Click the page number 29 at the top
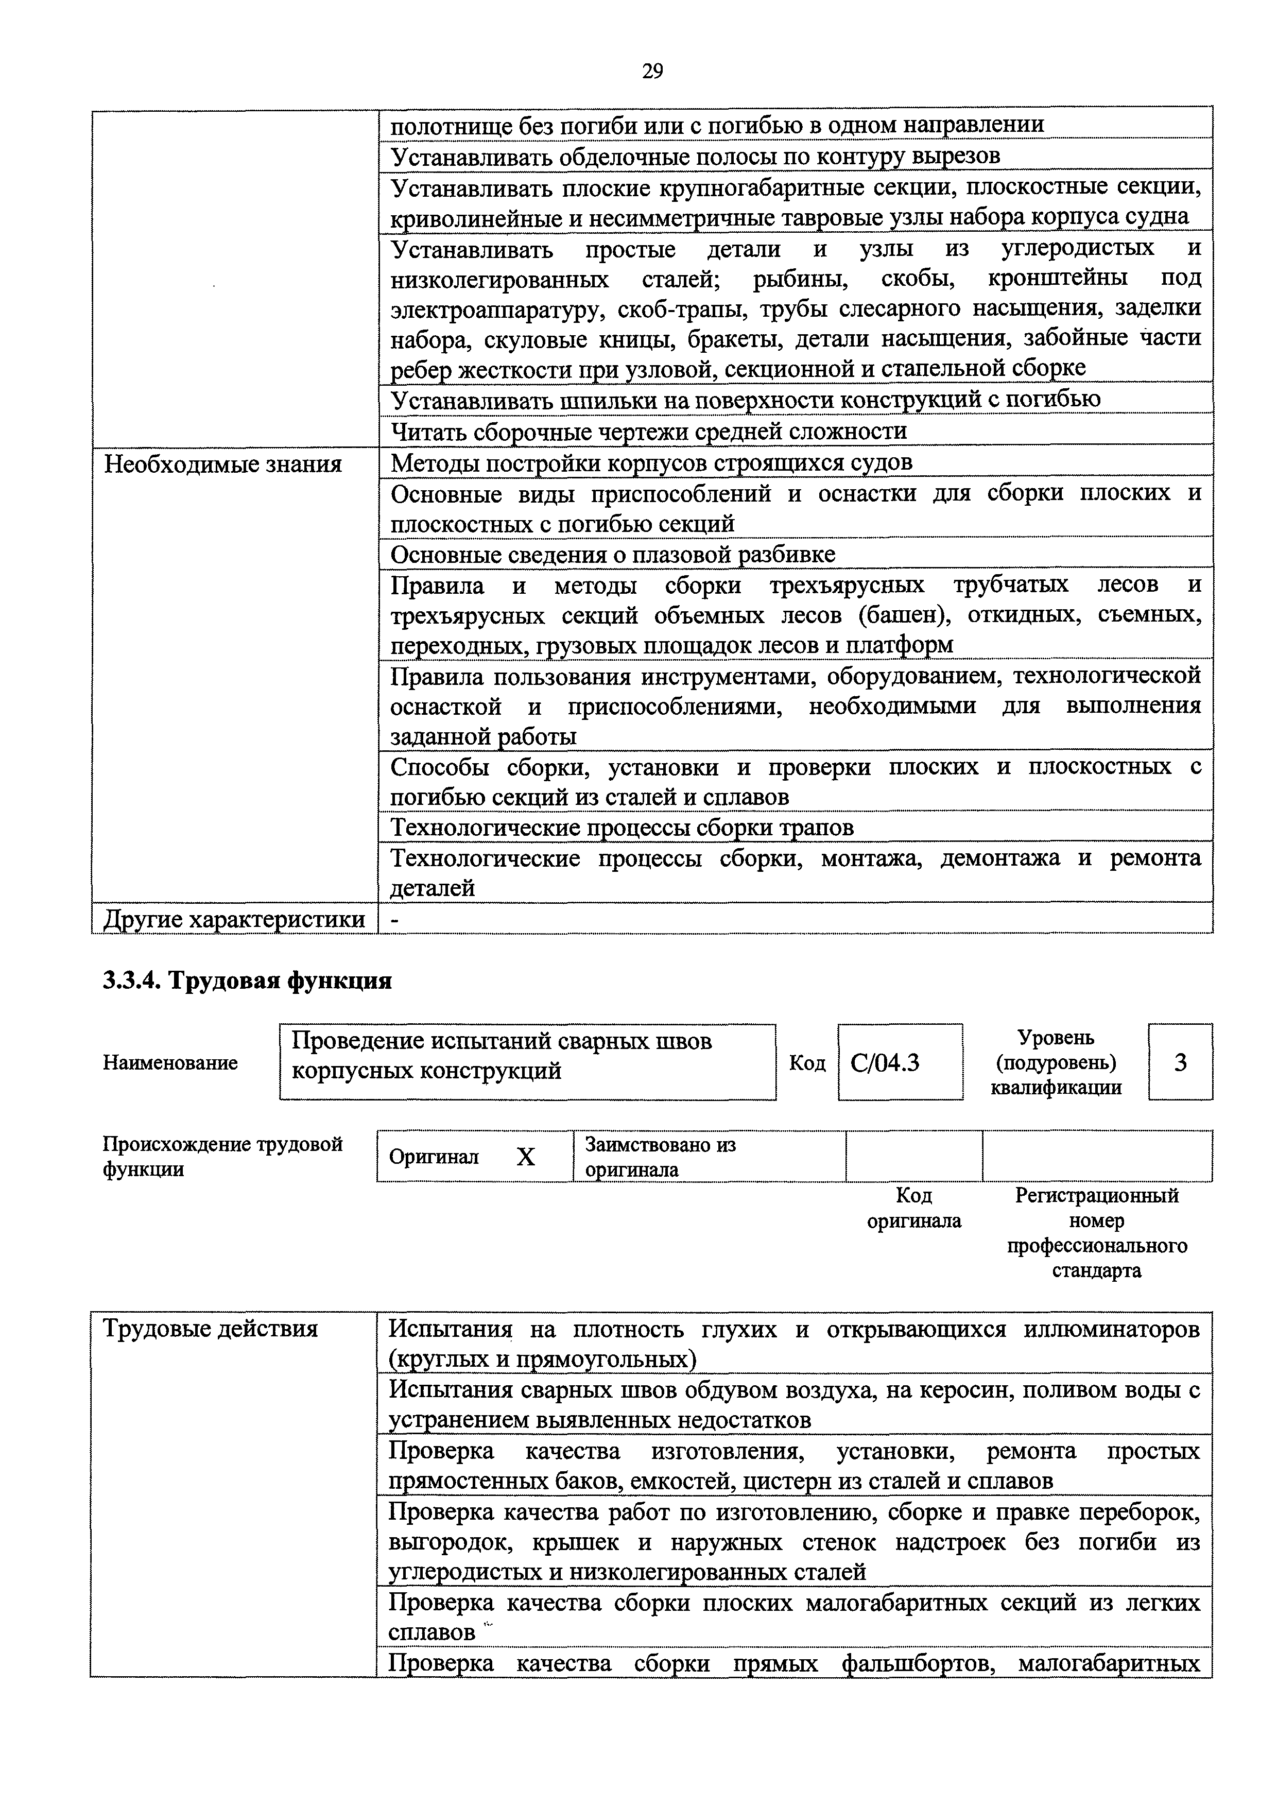point(652,72)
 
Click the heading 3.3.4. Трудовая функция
point(247,981)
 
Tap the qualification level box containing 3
point(1180,1063)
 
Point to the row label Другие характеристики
point(234,919)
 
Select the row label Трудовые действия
point(211,1329)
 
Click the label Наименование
point(170,1063)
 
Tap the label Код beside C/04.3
point(807,1063)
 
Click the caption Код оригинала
point(913,1208)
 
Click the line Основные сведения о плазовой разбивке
point(613,555)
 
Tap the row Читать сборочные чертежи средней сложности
point(649,431)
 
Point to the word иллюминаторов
point(1112,1329)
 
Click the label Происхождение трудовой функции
point(222,1156)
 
